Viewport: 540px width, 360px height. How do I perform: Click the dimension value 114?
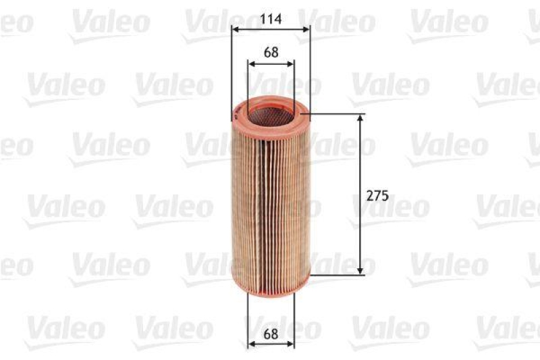(270, 20)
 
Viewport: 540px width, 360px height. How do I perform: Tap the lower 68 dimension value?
(271, 333)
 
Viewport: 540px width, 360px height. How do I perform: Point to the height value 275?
(377, 196)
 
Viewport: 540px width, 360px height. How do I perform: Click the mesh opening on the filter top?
(271, 113)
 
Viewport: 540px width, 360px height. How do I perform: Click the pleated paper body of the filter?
(271, 196)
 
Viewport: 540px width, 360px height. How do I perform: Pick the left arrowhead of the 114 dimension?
(234, 29)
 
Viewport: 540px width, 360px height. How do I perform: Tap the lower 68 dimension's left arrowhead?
(251, 344)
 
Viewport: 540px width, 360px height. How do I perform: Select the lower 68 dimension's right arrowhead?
(292, 344)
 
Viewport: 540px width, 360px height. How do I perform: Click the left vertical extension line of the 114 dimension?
(232, 68)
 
